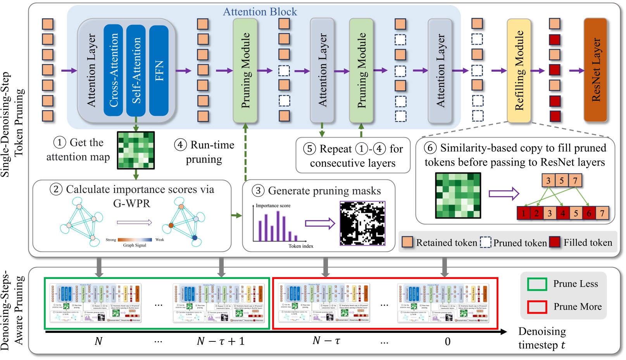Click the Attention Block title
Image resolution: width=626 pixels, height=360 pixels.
tap(260, 12)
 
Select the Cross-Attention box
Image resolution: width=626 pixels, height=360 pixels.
tap(113, 70)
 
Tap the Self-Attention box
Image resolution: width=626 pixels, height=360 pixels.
tap(136, 70)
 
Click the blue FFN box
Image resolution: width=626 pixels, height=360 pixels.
tap(159, 70)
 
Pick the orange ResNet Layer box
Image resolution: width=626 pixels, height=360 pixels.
tap(595, 70)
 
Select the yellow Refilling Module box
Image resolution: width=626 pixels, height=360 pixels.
tap(519, 70)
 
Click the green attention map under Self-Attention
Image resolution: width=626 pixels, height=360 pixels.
tap(136, 150)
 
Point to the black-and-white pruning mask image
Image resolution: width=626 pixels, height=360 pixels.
tap(362, 223)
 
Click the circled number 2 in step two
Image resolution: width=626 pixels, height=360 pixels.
tap(56, 189)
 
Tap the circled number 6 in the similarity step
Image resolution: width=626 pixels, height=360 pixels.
tap(430, 148)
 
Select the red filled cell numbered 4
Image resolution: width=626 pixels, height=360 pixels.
tap(562, 213)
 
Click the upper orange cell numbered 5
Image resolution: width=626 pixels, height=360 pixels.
tap(562, 181)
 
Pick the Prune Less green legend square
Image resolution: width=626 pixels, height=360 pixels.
tap(537, 284)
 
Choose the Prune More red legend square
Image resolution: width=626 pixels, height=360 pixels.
tap(537, 307)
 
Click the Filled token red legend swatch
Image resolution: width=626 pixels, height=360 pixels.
tap(555, 242)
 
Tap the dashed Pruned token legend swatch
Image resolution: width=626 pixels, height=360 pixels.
tap(485, 243)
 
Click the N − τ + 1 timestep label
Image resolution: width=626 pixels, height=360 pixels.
tap(221, 341)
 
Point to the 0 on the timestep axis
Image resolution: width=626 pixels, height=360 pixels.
tap(447, 342)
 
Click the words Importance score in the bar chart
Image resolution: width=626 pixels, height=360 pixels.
tap(273, 206)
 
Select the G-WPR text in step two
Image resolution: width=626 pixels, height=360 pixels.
tap(131, 203)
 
